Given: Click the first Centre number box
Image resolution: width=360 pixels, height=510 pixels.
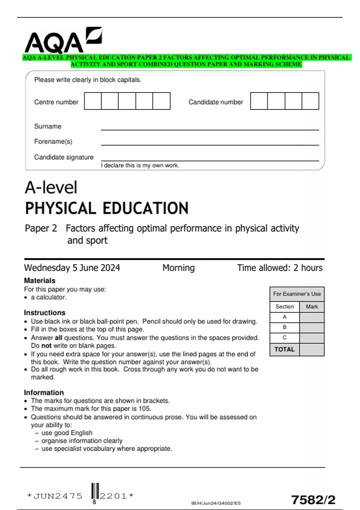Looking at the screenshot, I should coord(93,101).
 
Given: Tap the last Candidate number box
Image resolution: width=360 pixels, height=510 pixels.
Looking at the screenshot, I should coord(310,101).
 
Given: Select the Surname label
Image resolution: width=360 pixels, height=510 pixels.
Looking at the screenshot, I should coord(48,126).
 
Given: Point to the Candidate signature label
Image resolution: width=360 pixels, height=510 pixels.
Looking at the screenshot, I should coord(64,157).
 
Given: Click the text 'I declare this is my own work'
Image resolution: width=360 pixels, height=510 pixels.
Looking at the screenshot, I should coord(140,165).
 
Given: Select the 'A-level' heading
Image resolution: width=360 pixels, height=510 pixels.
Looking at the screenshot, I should coord(51,187).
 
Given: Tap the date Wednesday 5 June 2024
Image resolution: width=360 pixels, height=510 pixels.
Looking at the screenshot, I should coord(72,268).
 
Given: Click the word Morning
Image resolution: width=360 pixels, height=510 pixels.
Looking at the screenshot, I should coord(178,268).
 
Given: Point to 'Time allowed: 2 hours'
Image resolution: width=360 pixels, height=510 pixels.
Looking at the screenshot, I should coord(280,268).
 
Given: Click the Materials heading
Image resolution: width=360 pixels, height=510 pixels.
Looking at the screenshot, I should coord(40,280).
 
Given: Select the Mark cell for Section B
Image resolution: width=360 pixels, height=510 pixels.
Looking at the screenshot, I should coord(312,327).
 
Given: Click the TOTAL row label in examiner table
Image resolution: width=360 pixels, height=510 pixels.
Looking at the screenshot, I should coord(284,349).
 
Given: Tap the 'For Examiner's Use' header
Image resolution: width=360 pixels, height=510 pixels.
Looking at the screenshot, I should coord(297,294).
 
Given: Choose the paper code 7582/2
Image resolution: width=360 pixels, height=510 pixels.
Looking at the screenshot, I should coord(313,500).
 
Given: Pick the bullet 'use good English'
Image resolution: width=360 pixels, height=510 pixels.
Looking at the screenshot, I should coord(67,433).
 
